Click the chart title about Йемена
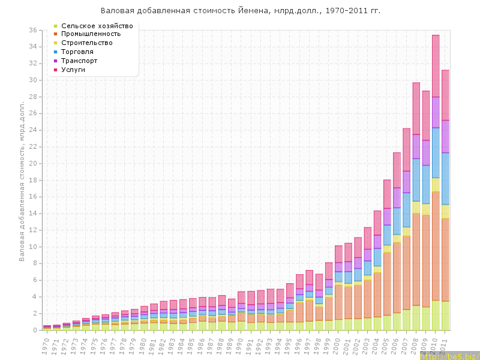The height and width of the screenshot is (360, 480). coord(240,11)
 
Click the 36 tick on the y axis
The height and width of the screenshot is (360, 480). coord(34,30)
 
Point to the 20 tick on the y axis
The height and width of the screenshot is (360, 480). coord(34,163)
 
